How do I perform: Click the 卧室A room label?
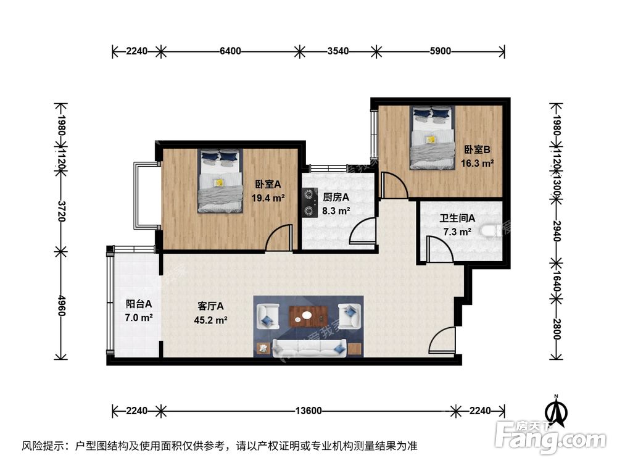[x=268, y=184]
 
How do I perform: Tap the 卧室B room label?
[x=477, y=149]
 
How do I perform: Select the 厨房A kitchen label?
[x=336, y=198]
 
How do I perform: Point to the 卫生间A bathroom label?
[x=457, y=219]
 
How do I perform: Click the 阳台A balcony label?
[x=138, y=304]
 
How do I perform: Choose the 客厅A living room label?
[x=211, y=306]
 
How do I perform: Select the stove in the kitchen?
[x=308, y=203]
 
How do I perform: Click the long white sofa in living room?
[x=308, y=349]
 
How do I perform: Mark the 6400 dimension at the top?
[x=230, y=51]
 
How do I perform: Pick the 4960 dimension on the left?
[x=61, y=304]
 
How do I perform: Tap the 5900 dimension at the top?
[x=439, y=51]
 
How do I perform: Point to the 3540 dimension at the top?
[x=337, y=51]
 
